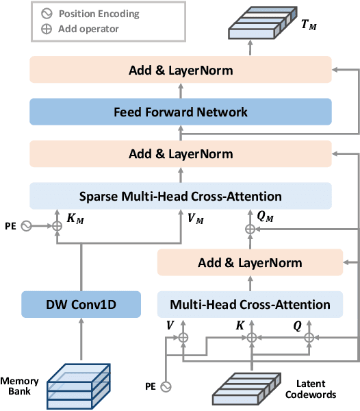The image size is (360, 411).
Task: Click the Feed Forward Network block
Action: click(x=180, y=112)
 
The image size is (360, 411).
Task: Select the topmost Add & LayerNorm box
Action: click(x=180, y=71)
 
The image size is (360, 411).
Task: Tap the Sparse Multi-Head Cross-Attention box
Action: click(x=180, y=196)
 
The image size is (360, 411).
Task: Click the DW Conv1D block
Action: click(x=81, y=304)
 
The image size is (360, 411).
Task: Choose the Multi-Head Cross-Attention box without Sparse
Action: click(x=249, y=304)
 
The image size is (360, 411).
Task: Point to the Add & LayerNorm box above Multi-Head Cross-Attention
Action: click(x=249, y=263)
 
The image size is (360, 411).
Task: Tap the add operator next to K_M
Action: click(x=57, y=225)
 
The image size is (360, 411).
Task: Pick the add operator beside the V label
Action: click(x=183, y=338)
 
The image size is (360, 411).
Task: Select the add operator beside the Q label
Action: click(x=308, y=338)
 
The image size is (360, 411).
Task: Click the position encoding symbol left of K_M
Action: click(x=27, y=225)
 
